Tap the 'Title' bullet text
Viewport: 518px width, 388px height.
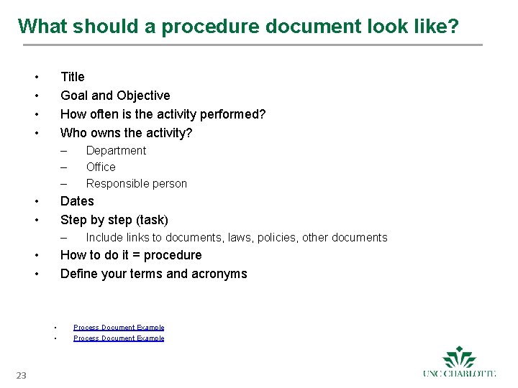pyautogui.click(x=73, y=77)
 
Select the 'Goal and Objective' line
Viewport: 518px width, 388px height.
pyautogui.click(x=115, y=96)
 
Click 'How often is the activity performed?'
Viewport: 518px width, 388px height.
pyautogui.click(x=163, y=114)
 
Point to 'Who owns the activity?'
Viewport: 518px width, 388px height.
pyautogui.click(x=127, y=133)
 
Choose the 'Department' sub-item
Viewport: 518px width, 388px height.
pyautogui.click(x=116, y=151)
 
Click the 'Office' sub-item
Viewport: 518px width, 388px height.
pyautogui.click(x=101, y=167)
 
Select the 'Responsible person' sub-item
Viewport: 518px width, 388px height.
pyautogui.click(x=137, y=184)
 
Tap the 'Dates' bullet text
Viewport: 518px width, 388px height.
pyautogui.click(x=77, y=201)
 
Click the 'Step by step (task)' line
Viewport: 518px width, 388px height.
pyautogui.click(x=114, y=220)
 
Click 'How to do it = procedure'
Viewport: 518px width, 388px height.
pyautogui.click(x=131, y=255)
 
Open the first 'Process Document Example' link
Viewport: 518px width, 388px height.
pyautogui.click(x=119, y=328)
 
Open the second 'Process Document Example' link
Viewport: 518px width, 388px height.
pyautogui.click(x=119, y=338)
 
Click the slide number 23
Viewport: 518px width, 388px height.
pyautogui.click(x=21, y=375)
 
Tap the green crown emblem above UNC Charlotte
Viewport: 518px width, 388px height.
pyautogui.click(x=460, y=357)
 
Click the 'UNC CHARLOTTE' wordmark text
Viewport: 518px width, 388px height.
pyautogui.click(x=460, y=374)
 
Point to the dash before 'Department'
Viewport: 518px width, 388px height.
pyautogui.click(x=64, y=151)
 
